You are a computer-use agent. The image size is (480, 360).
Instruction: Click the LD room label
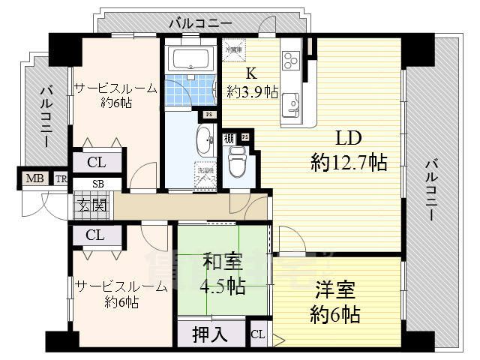tap(348, 139)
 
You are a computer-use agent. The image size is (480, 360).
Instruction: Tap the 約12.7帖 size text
tap(349, 161)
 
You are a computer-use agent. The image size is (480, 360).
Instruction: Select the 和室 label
tap(222, 263)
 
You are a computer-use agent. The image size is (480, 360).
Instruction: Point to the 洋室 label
tap(334, 290)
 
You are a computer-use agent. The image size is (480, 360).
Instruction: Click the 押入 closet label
tap(211, 334)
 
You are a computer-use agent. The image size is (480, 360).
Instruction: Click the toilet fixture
tap(238, 159)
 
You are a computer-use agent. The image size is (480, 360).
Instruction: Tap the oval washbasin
tap(204, 139)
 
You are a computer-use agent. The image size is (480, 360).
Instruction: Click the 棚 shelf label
tap(227, 139)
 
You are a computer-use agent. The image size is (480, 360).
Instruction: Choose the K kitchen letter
tap(253, 73)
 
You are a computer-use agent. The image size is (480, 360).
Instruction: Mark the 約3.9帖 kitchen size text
tap(253, 91)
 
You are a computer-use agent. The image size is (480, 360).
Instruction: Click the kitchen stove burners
tap(291, 58)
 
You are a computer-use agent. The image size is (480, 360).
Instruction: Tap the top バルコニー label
tap(193, 22)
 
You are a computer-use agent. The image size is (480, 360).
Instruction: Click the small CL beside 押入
tap(257, 334)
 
